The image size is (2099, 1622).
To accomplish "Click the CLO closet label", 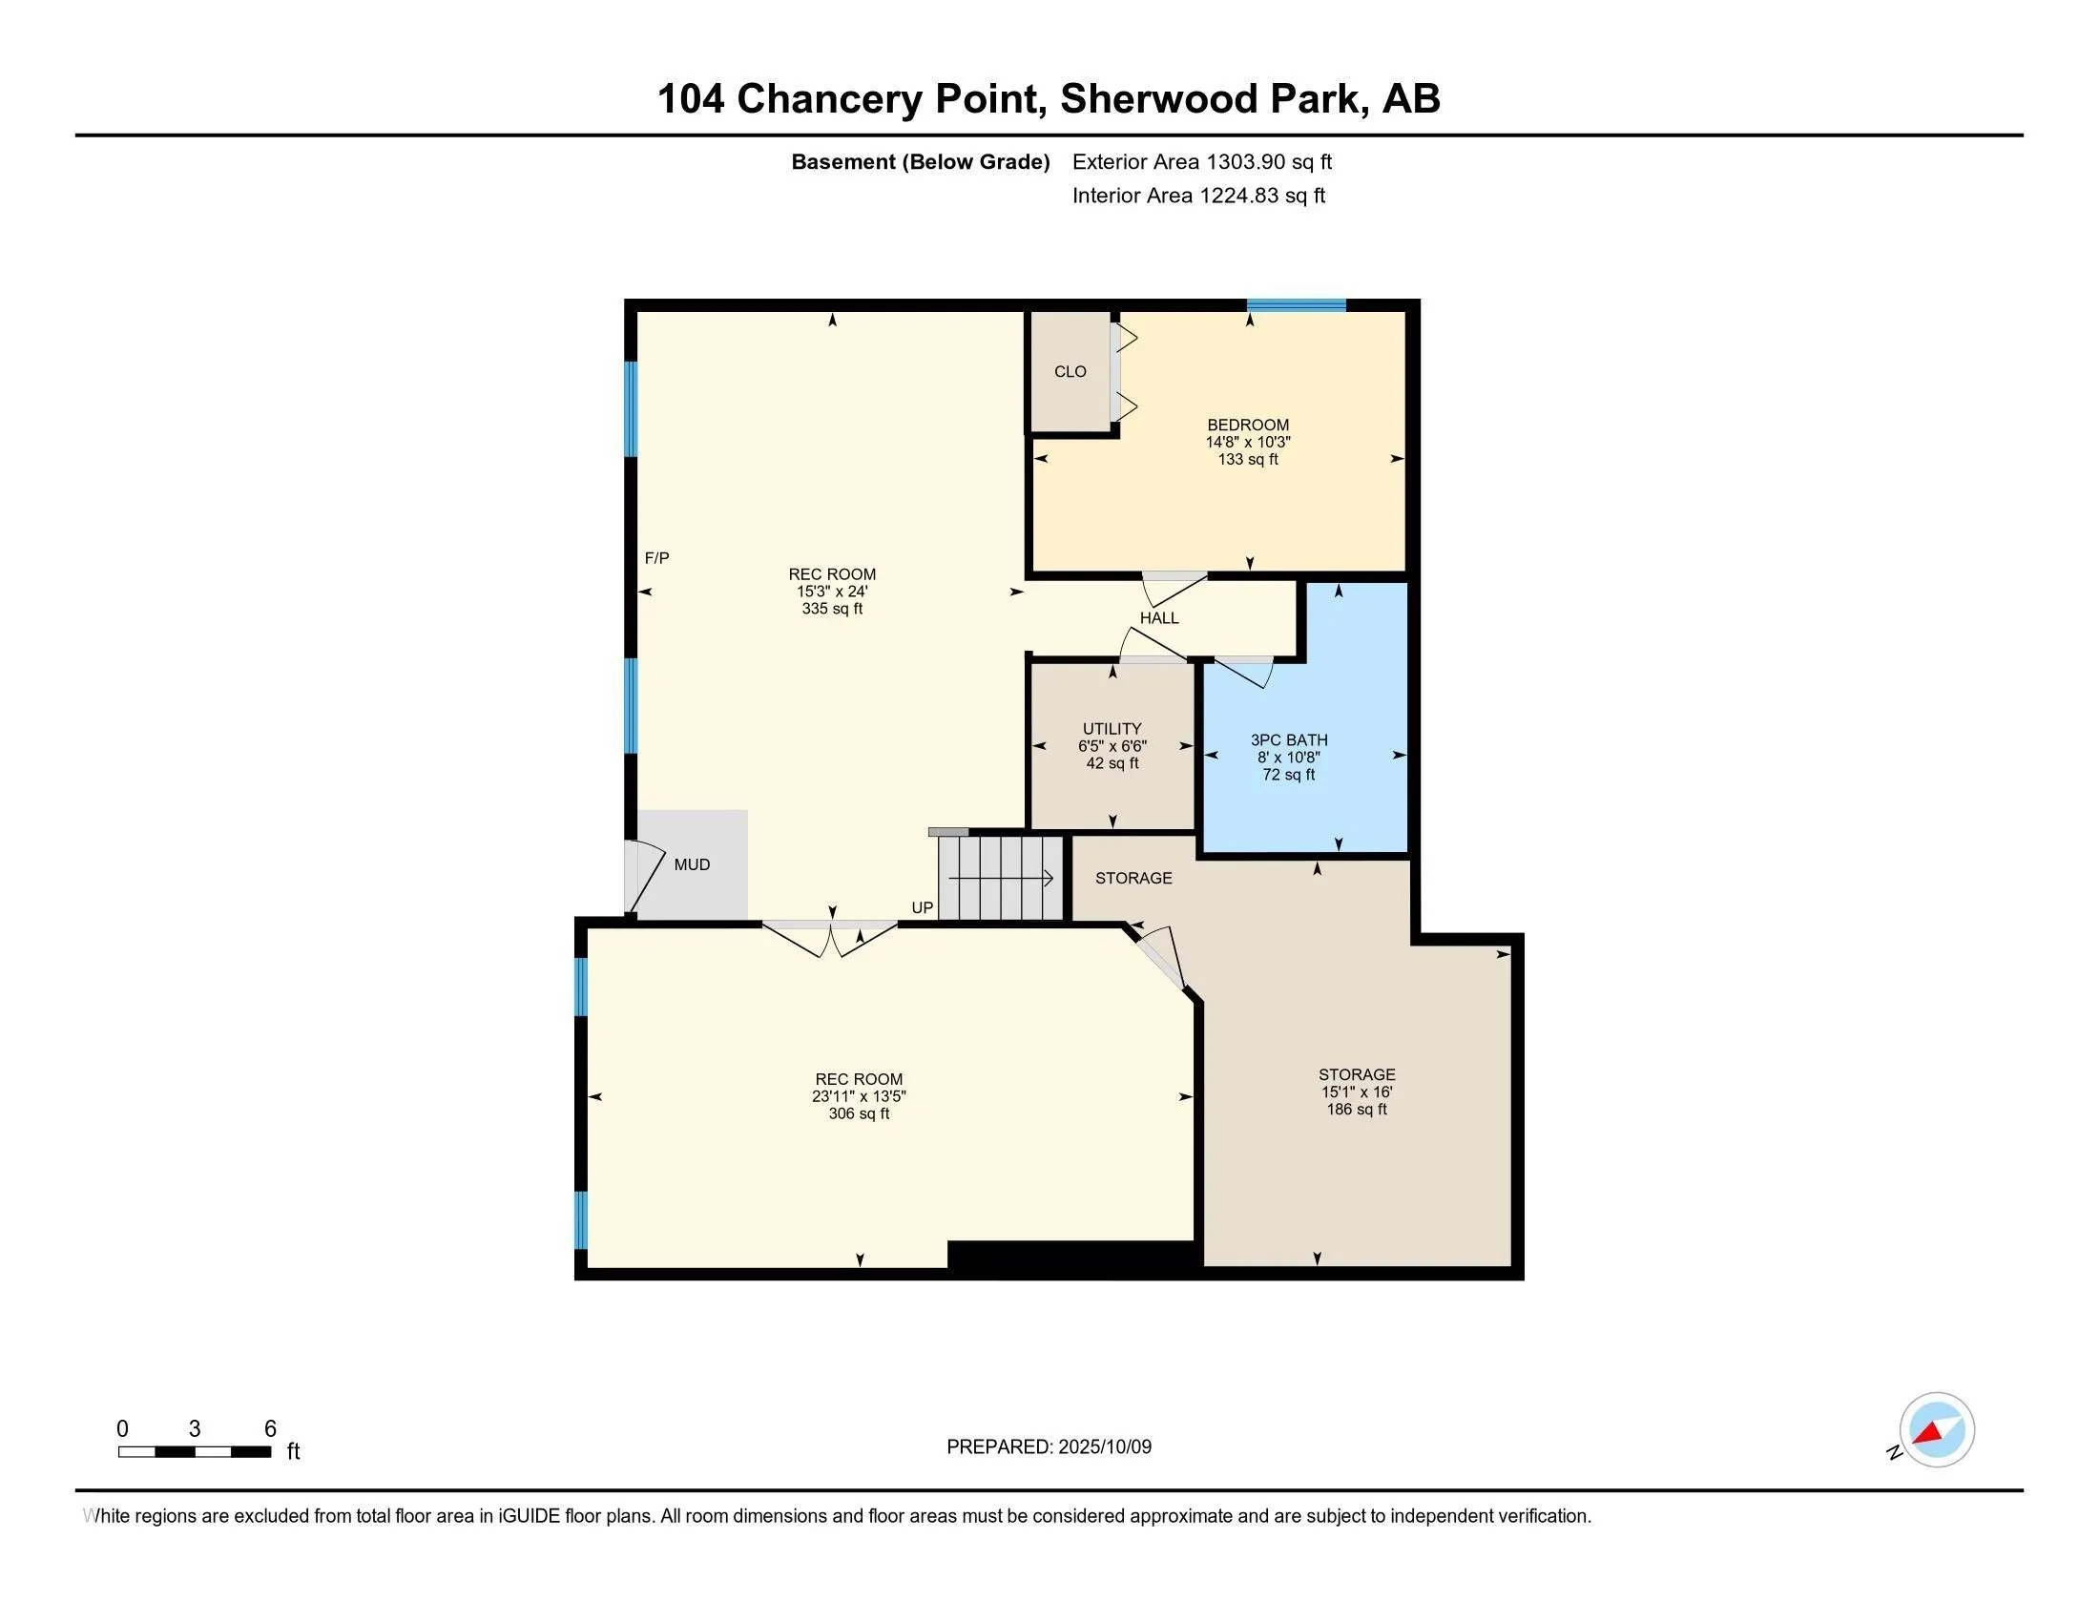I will pyautogui.click(x=1070, y=372).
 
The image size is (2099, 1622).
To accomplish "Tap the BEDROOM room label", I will pyautogui.click(x=1248, y=425).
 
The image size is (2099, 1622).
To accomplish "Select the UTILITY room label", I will pyautogui.click(x=1112, y=728).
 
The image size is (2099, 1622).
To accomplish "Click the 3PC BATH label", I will pyautogui.click(x=1289, y=739).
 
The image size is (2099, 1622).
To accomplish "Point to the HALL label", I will pyautogui.click(x=1159, y=618).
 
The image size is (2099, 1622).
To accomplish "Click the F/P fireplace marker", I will pyautogui.click(x=656, y=557).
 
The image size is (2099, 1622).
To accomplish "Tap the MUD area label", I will pyautogui.click(x=692, y=864).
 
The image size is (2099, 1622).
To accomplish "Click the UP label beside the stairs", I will pyautogui.click(x=922, y=908).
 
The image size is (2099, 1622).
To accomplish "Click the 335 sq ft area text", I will pyautogui.click(x=832, y=610).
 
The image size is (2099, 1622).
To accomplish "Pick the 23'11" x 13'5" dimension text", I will pyautogui.click(x=859, y=1096).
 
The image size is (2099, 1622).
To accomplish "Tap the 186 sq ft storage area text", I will pyautogui.click(x=1356, y=1109).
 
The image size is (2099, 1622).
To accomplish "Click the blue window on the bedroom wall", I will pyautogui.click(x=1296, y=305).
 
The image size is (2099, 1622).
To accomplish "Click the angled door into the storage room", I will pyautogui.click(x=1159, y=957).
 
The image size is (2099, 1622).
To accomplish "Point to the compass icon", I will pyautogui.click(x=1936, y=1430).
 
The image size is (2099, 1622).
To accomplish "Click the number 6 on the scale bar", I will pyautogui.click(x=270, y=1429).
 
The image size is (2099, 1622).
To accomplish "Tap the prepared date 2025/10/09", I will pyautogui.click(x=1103, y=1447).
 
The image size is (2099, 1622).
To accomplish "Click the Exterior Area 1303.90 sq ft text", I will pyautogui.click(x=1201, y=162).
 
